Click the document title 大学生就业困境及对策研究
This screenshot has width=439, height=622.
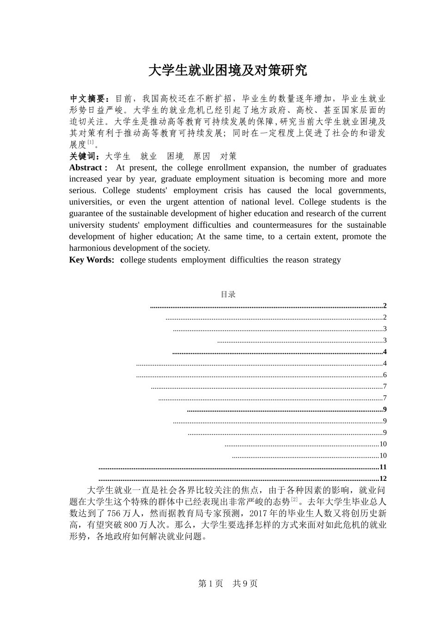pyautogui.click(x=227, y=70)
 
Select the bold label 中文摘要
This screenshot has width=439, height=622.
pyautogui.click(x=89, y=99)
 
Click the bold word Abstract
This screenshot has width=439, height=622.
pyautogui.click(x=86, y=168)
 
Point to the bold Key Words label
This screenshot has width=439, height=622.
pyautogui.click(x=91, y=260)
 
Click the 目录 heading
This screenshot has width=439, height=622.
pyautogui.click(x=228, y=294)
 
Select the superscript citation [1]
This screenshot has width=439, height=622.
pyautogui.click(x=91, y=143)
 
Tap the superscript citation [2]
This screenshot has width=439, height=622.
pyautogui.click(x=294, y=500)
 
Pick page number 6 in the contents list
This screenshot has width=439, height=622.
pyautogui.click(x=384, y=375)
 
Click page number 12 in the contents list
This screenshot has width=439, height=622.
pyautogui.click(x=383, y=479)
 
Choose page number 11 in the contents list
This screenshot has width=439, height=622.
pyautogui.click(x=383, y=467)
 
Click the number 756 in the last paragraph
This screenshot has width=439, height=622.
pyautogui.click(x=114, y=513)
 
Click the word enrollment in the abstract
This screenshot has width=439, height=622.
pyautogui.click(x=227, y=168)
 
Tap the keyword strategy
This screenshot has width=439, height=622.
pyautogui.click(x=327, y=260)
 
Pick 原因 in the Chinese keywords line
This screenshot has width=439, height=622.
pyautogui.click(x=201, y=156)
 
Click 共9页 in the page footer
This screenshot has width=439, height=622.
pyautogui.click(x=245, y=584)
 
